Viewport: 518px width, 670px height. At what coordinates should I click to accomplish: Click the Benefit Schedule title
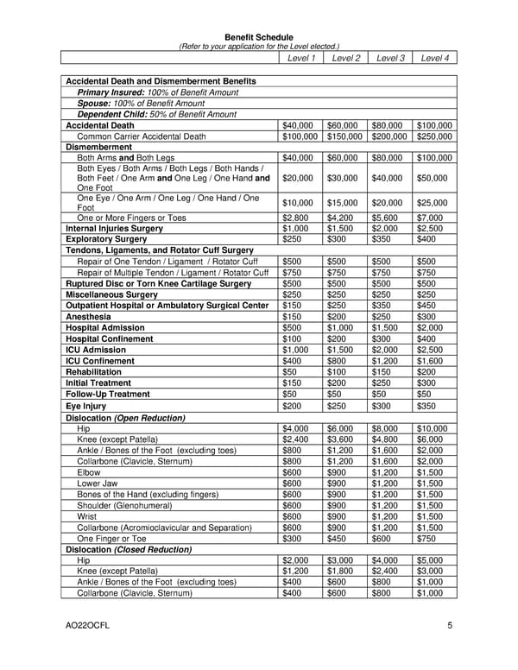coord(259,37)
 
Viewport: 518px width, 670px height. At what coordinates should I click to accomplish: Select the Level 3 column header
coord(390,58)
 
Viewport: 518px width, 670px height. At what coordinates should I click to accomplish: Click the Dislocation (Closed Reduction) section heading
coord(129,548)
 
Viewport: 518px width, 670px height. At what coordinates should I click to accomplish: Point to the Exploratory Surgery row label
coord(108,239)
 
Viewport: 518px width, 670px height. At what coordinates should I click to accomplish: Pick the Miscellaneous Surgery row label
coord(111,294)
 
